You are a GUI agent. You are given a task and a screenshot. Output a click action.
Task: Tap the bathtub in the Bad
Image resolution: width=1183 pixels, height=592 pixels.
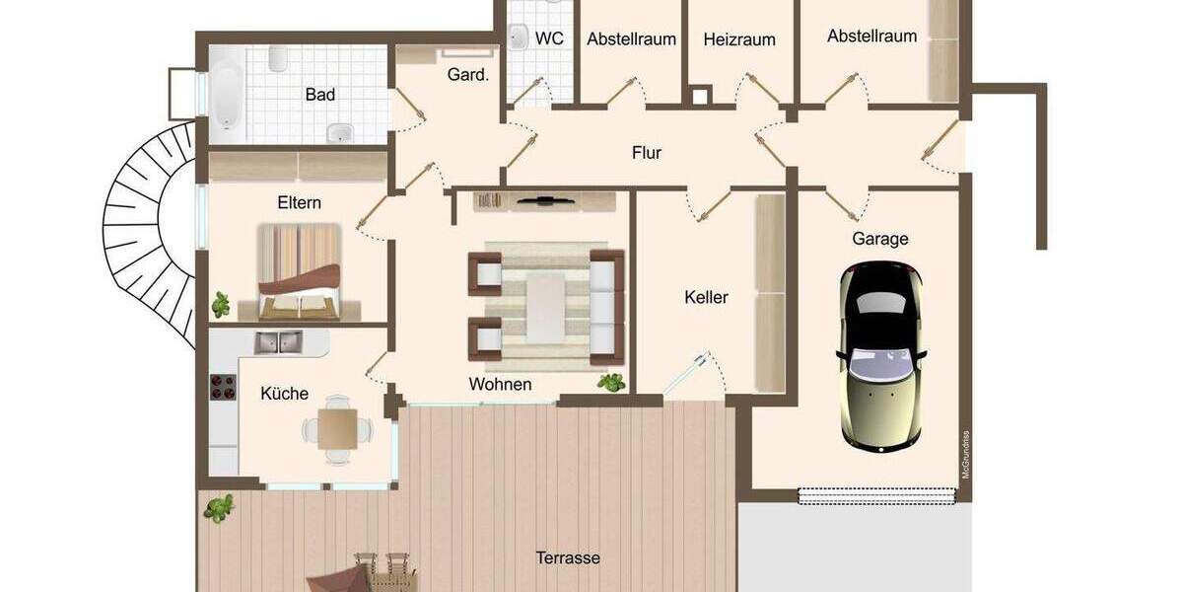click(x=227, y=94)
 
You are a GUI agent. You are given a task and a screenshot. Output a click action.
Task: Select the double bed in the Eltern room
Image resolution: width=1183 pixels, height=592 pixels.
click(x=298, y=271)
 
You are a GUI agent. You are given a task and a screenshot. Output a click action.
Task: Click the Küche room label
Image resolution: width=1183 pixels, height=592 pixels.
click(x=284, y=394)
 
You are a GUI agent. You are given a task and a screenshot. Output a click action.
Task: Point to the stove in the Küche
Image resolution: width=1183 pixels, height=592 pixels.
click(x=223, y=389)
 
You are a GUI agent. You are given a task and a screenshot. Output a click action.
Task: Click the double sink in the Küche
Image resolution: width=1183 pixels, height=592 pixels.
click(x=279, y=343)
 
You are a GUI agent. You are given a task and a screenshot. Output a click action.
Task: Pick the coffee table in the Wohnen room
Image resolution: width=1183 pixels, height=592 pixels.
click(x=545, y=306)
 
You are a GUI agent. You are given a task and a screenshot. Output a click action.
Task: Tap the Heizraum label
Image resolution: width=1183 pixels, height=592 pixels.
click(x=739, y=40)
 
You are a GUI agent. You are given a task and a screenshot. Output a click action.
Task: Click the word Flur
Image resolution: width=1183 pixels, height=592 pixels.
click(x=647, y=153)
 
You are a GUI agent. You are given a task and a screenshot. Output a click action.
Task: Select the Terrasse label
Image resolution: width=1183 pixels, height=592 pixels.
click(x=567, y=557)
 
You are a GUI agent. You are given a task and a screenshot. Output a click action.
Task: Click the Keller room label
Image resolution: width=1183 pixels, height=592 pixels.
click(x=706, y=297)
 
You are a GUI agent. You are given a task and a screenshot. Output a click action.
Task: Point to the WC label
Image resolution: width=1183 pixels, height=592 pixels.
click(x=549, y=38)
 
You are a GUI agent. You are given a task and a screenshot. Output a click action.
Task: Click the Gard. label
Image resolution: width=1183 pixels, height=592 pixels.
click(x=468, y=74)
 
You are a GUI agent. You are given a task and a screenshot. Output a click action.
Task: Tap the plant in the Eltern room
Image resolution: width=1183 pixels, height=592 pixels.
click(x=220, y=303)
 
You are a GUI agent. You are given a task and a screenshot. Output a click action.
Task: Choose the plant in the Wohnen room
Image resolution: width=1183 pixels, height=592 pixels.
click(x=611, y=382)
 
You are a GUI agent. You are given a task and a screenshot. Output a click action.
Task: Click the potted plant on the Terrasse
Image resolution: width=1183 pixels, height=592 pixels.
click(x=219, y=509)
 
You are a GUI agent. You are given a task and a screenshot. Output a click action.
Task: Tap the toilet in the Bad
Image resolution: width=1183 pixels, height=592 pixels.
click(x=277, y=61)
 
